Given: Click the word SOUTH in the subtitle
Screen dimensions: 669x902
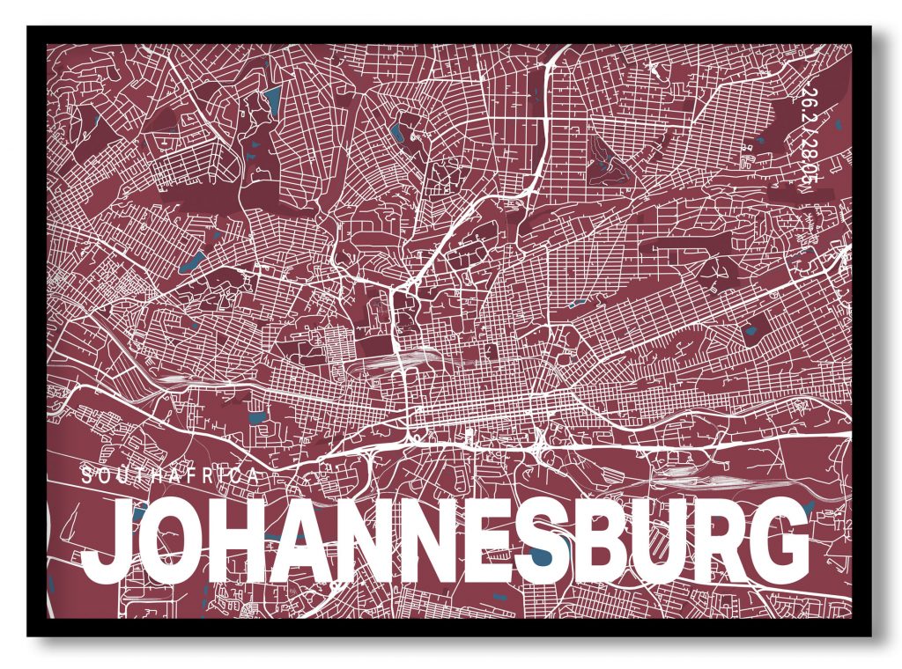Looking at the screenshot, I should [119, 476].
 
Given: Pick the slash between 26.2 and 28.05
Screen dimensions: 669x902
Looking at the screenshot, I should [805, 129].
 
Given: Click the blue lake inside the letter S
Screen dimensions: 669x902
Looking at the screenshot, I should [538, 556].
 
